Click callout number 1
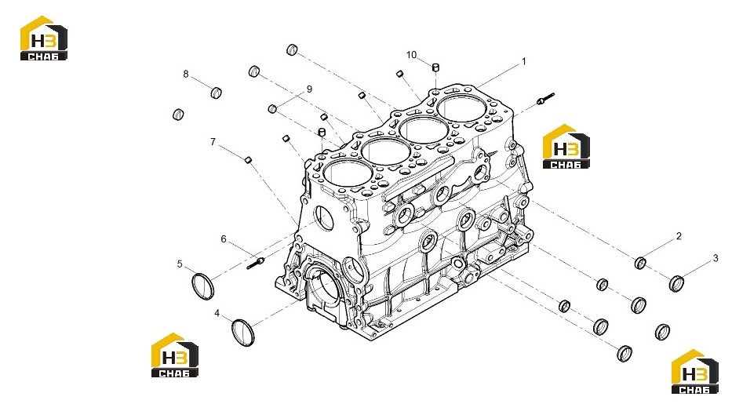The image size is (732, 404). tap(524, 61)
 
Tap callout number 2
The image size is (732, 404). tap(679, 237)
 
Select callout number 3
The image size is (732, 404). tap(716, 258)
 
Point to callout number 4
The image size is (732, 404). tap(217, 313)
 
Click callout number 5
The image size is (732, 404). tap(180, 264)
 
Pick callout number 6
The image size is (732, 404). tap(224, 239)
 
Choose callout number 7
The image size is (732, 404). tap(213, 141)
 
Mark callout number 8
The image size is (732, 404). tap(186, 74)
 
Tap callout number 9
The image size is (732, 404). tap(309, 89)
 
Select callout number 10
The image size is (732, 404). tap(411, 55)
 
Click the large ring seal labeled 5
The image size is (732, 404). tap(203, 286)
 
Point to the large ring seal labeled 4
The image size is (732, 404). tap(242, 333)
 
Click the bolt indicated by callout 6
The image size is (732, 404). tap(256, 263)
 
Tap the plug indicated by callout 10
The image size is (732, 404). tap(435, 68)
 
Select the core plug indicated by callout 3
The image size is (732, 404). tap(676, 284)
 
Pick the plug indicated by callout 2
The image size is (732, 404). tap(640, 263)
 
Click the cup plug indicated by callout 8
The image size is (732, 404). tap(216, 93)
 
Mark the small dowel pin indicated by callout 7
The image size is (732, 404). tap(249, 159)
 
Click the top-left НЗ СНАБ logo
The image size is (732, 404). tap(43, 38)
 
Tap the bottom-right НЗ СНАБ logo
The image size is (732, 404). tap(694, 372)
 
